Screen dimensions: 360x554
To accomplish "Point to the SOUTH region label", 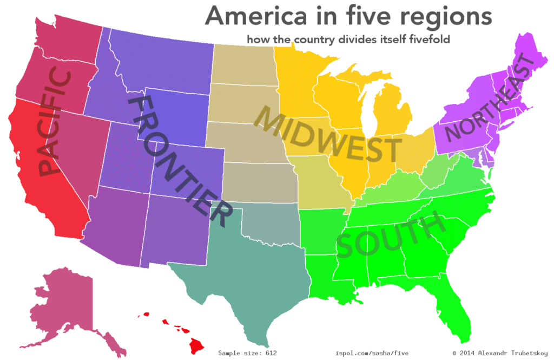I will pos(387,236).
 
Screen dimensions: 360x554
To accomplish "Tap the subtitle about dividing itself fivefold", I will pos(348,40).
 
